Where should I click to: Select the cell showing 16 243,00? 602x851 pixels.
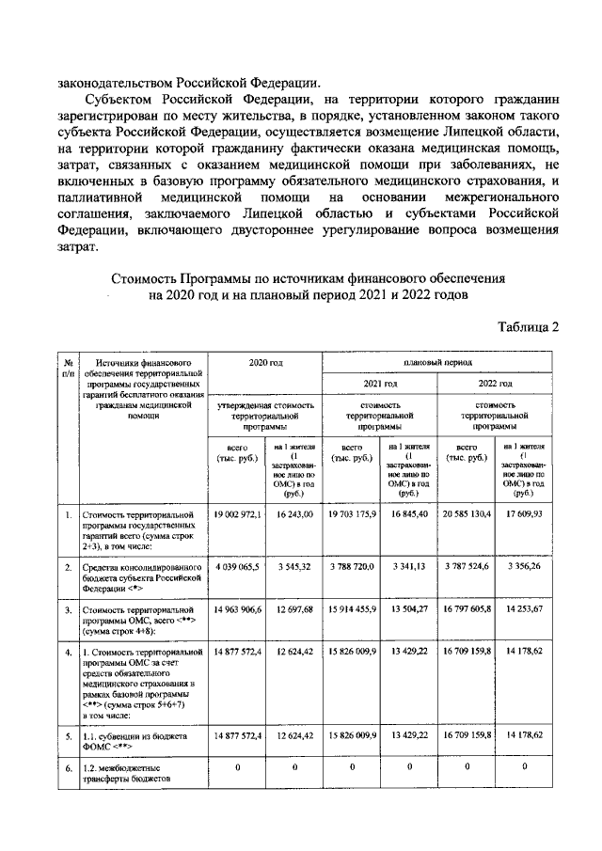(293, 514)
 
